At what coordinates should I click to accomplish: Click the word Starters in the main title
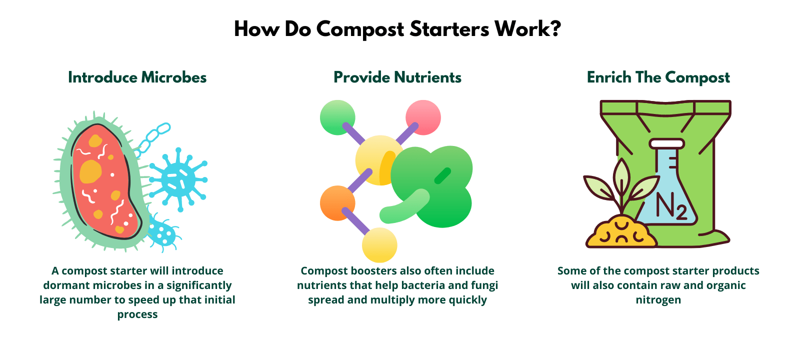[449, 29]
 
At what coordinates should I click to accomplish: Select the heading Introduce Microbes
[137, 77]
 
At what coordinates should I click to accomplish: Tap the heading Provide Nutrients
[397, 77]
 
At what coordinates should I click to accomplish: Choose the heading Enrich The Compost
[658, 77]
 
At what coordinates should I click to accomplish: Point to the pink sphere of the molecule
[423, 117]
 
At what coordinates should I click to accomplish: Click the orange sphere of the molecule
[337, 203]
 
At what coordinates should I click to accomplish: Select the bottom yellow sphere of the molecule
[379, 245]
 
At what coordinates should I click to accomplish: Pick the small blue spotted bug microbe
[163, 231]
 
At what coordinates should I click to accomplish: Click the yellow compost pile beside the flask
[620, 233]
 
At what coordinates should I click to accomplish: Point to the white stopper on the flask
[666, 143]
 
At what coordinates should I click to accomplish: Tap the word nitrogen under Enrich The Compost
[658, 300]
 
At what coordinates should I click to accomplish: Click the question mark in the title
[555, 29]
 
